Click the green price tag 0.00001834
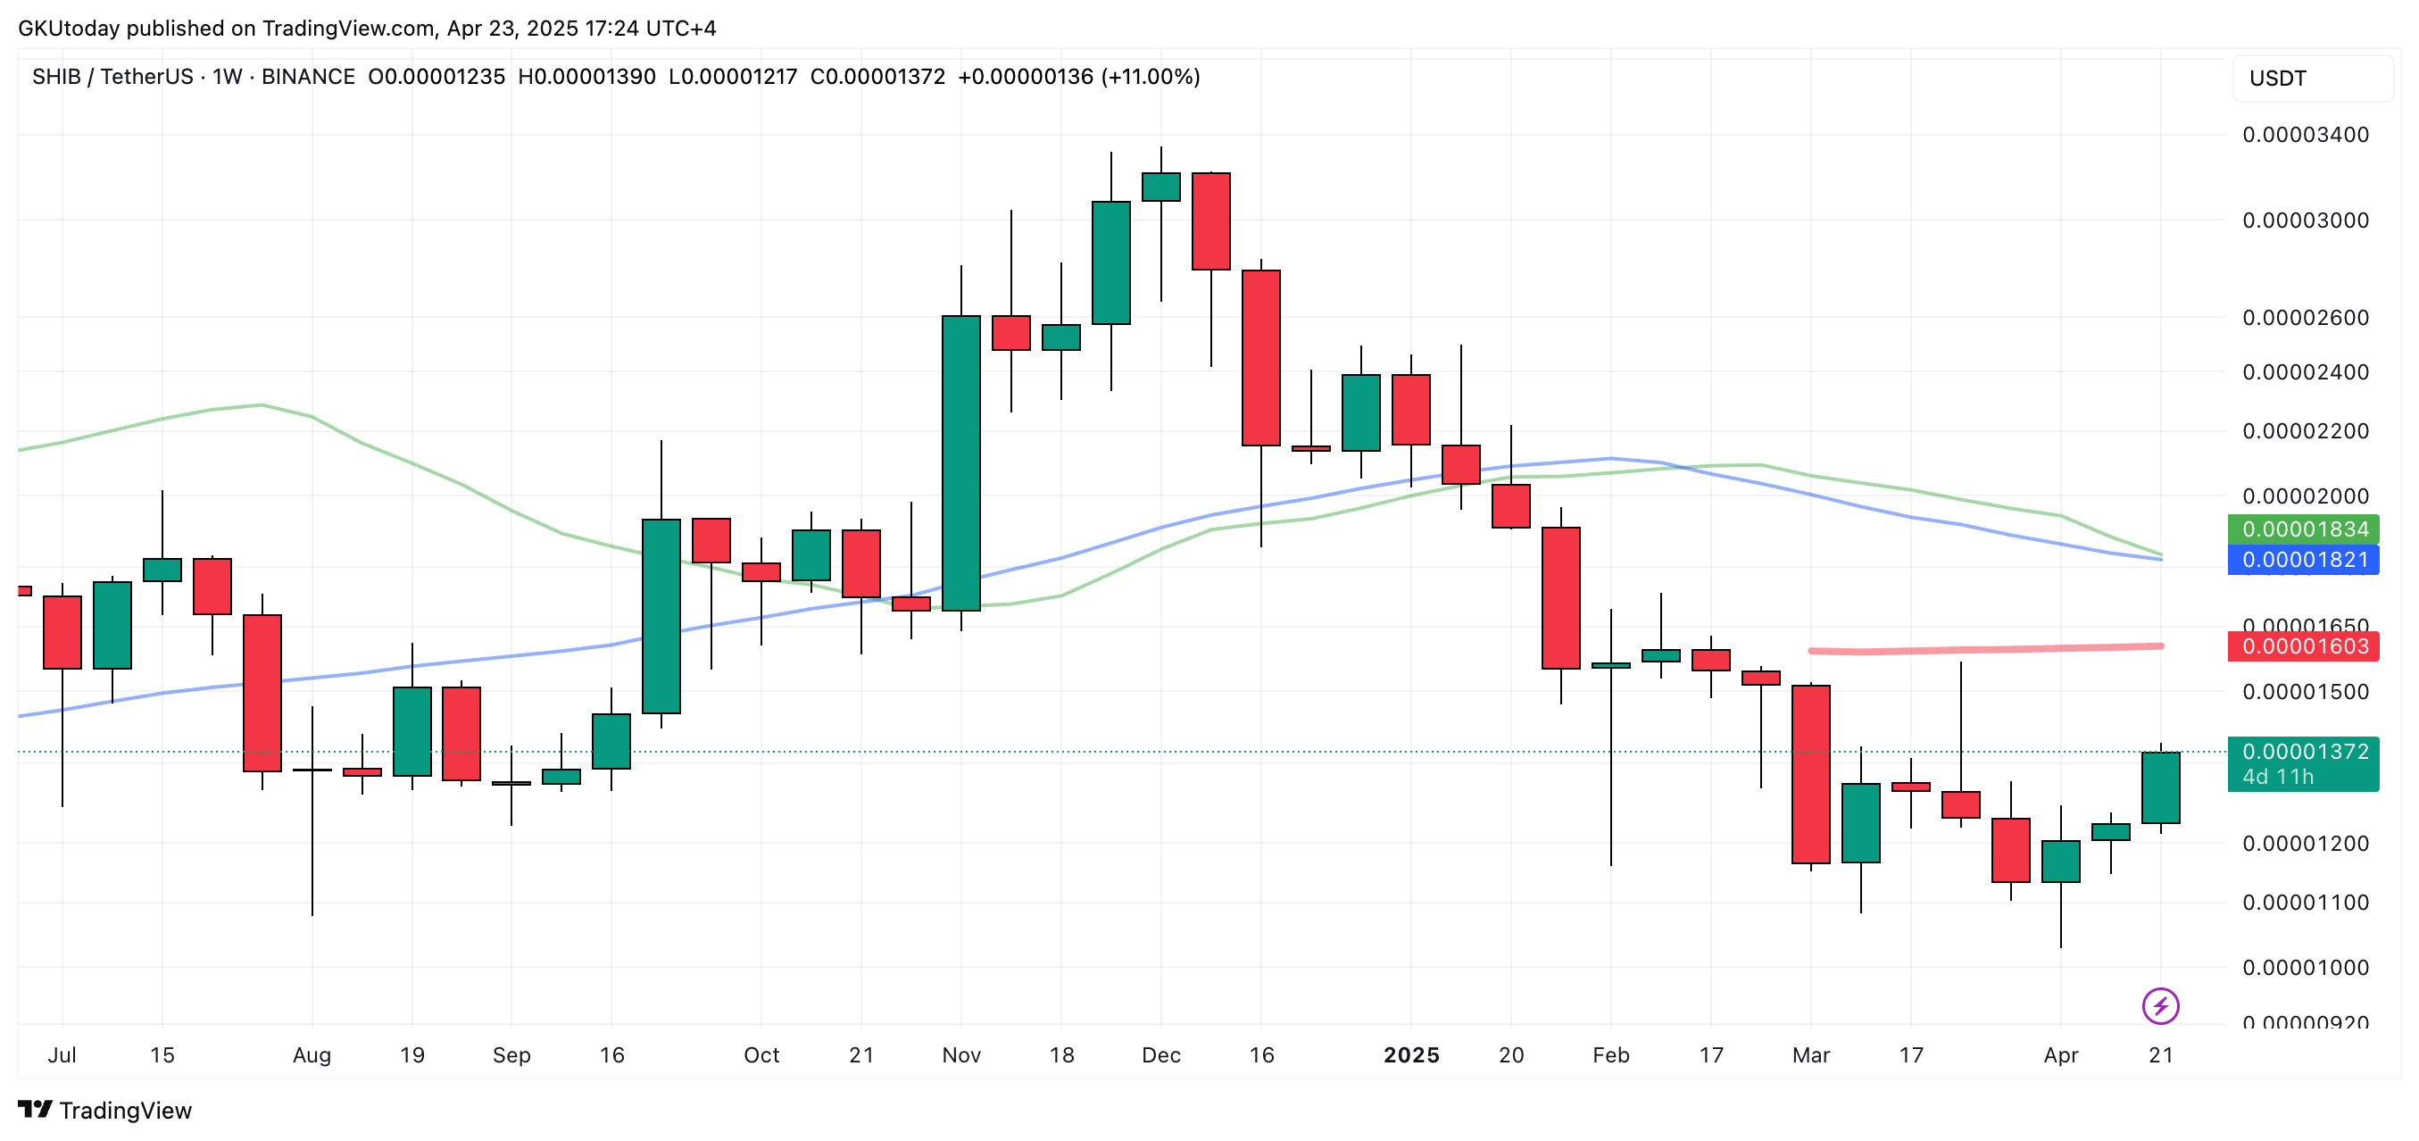[x=2303, y=529]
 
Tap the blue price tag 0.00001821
[x=2303, y=560]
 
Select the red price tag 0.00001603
[x=2303, y=646]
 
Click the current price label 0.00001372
[x=2303, y=751]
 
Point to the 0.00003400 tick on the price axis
[x=2306, y=134]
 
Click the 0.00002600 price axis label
[x=2306, y=318]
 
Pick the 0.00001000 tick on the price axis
[x=2306, y=967]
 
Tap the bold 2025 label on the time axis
[x=1410, y=1054]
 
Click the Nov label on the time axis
[x=960, y=1054]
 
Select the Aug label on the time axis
[x=312, y=1054]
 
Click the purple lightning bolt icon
[x=2160, y=1006]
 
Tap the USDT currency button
[x=2277, y=78]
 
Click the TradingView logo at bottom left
[x=105, y=1110]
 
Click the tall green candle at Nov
[x=960, y=463]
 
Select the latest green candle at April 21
[x=2160, y=787]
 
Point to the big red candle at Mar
[x=1810, y=774]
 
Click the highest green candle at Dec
[x=1160, y=187]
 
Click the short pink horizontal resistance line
[x=1985, y=648]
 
